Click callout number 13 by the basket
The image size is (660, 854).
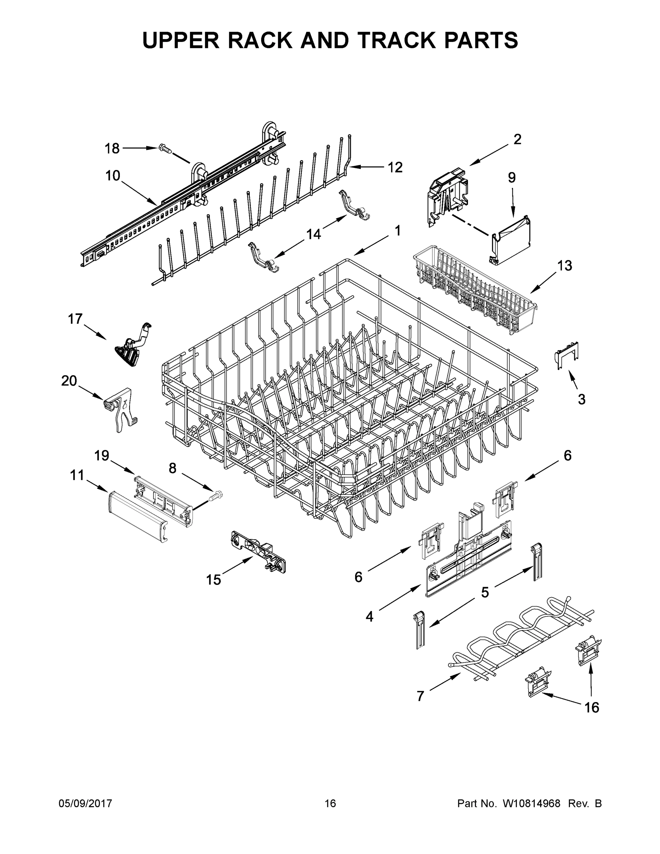564,265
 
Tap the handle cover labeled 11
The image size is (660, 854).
138,517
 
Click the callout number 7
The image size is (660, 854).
420,696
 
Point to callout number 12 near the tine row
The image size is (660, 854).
395,167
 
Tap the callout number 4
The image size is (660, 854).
369,617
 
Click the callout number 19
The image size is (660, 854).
102,455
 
